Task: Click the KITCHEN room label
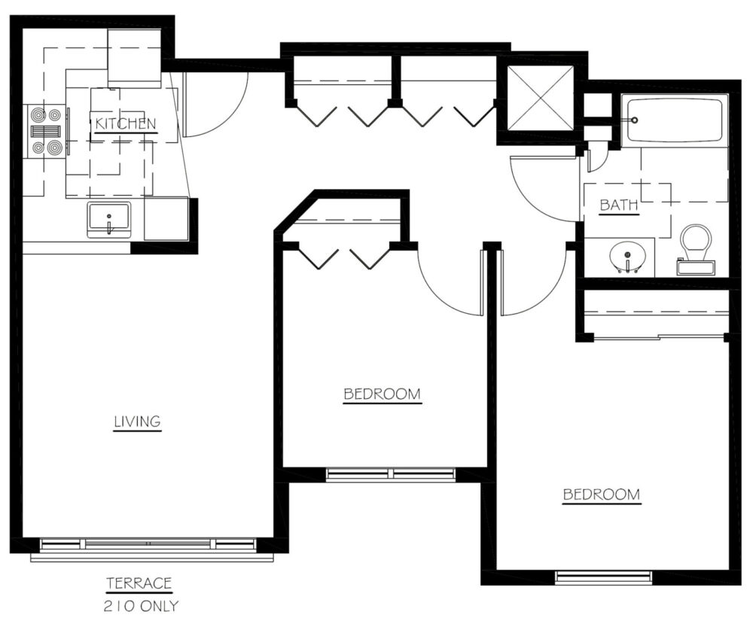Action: point(126,123)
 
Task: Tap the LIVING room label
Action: point(137,421)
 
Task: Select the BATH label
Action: point(619,205)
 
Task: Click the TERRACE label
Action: point(139,583)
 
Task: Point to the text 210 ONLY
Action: point(141,606)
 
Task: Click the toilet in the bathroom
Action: point(697,250)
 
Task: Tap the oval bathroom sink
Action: point(628,257)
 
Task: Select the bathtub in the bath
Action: point(675,120)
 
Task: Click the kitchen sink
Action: point(108,220)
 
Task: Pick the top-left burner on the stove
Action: point(38,115)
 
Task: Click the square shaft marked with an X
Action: point(541,98)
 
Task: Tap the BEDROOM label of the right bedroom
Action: point(601,495)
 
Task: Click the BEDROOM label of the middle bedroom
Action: point(383,394)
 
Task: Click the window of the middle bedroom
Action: point(390,474)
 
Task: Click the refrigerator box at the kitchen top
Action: point(134,58)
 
